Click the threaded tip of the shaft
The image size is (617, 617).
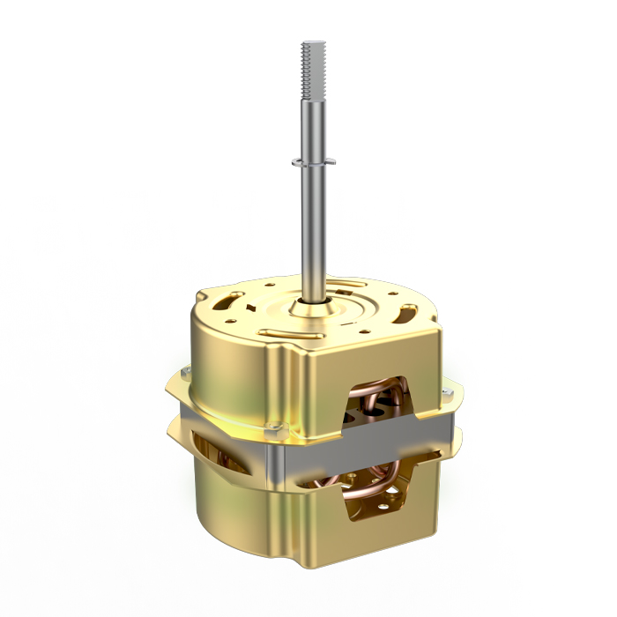coord(314,62)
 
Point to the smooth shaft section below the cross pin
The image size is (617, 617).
coord(315,229)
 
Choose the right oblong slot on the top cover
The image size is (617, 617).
coord(407,313)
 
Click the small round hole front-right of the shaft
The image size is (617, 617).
coord(353,325)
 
